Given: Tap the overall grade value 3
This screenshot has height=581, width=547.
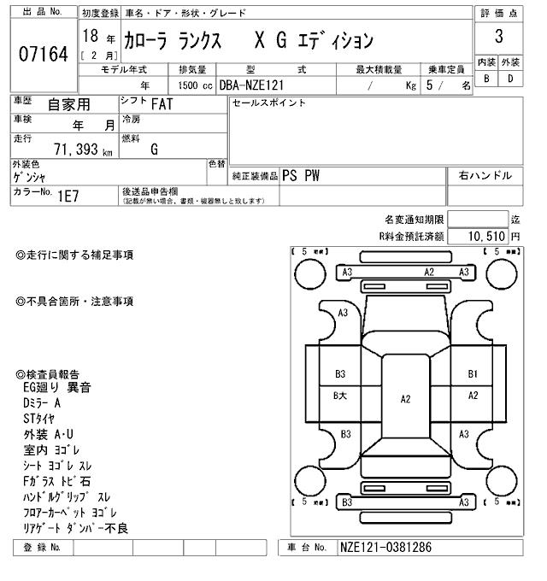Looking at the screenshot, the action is point(498,37).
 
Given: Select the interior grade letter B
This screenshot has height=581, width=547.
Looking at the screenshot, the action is point(486,79).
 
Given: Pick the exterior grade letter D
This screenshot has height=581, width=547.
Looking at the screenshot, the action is point(510,79).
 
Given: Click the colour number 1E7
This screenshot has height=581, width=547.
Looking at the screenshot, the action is point(68,196).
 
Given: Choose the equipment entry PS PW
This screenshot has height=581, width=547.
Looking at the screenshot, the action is point(301,175).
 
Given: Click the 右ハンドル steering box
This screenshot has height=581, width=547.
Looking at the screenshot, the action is point(485,175).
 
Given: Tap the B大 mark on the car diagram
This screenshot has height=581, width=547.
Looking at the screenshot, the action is point(339,395).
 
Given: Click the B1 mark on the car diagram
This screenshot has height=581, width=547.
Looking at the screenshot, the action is point(473,373).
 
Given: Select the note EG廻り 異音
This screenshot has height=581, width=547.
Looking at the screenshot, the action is point(56,387).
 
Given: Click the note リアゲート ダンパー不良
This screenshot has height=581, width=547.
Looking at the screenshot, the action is point(76,528).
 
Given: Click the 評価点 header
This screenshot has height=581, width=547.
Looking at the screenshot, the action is point(498,13).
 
